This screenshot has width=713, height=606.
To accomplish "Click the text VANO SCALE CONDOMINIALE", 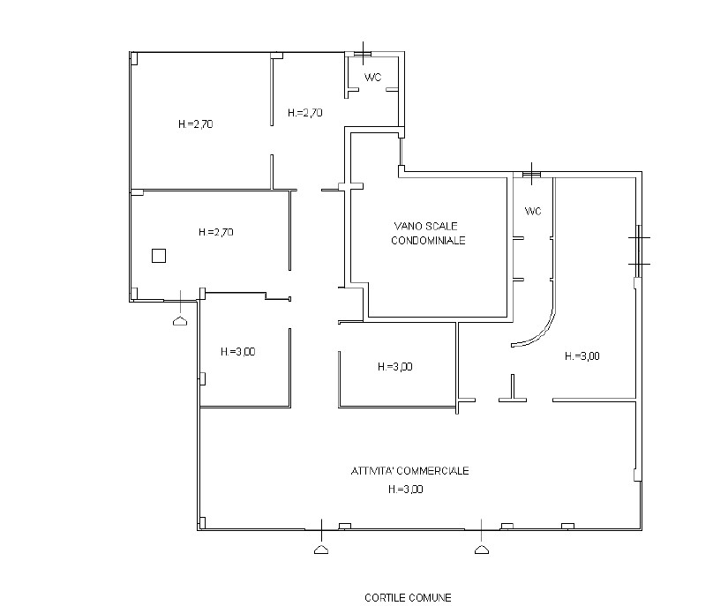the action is click(428, 233).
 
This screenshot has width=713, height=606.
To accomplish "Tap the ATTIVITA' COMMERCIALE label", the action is click(409, 471).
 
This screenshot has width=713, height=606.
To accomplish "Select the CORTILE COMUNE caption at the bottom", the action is click(408, 597).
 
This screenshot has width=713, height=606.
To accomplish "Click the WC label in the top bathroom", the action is click(373, 78).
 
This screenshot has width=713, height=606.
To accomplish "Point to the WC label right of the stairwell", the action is click(533, 212).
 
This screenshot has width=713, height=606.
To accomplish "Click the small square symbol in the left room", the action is click(159, 256).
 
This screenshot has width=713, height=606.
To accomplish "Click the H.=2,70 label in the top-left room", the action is click(196, 124).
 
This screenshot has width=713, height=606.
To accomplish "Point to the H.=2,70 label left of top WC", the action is click(305, 113).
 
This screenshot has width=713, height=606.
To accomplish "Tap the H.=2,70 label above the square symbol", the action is click(216, 232).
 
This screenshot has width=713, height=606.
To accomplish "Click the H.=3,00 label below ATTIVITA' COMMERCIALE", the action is click(406, 490).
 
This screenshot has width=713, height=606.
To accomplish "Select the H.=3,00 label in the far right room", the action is click(582, 356).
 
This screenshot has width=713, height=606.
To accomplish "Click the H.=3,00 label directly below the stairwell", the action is click(395, 367).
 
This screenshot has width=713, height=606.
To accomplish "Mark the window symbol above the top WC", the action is click(363, 54).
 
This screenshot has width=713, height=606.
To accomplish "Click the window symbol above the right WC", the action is click(531, 174).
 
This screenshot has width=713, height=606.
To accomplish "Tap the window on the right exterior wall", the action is click(639, 251).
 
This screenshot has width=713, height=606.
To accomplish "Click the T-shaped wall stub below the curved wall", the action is click(513, 389).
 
